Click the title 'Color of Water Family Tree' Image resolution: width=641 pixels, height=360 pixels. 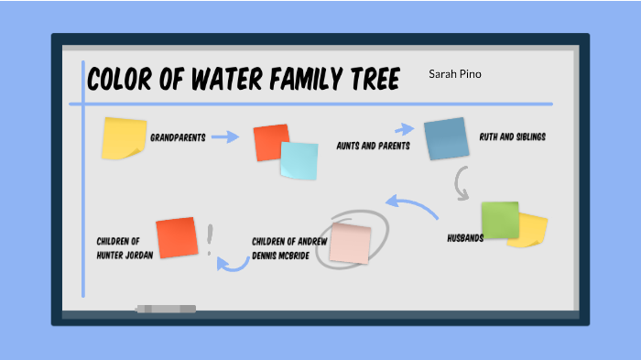(x=244, y=80)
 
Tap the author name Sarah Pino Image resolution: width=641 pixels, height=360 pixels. (x=454, y=73)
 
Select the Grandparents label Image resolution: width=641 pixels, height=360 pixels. (x=178, y=137)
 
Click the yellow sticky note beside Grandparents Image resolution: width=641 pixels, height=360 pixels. (x=124, y=136)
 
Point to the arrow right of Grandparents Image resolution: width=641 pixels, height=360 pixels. (x=224, y=137)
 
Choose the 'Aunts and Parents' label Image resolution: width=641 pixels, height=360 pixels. (x=373, y=146)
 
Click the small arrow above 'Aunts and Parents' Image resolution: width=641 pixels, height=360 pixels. (x=404, y=130)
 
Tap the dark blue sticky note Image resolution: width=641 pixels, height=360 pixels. (x=446, y=138)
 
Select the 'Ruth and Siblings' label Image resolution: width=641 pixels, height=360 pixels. (x=512, y=137)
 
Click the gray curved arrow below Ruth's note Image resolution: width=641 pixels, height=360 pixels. (x=463, y=184)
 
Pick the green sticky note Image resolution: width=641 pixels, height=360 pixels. (x=499, y=220)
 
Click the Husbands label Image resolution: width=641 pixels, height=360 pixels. (x=465, y=237)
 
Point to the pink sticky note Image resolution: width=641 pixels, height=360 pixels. (x=350, y=244)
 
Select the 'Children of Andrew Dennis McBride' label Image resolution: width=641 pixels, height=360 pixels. (x=289, y=247)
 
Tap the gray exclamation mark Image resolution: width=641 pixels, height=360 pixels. (x=210, y=240)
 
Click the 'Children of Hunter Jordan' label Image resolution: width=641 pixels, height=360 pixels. (x=124, y=247)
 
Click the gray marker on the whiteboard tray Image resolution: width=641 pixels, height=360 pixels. (x=166, y=309)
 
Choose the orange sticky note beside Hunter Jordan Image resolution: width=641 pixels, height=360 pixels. (x=176, y=238)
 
